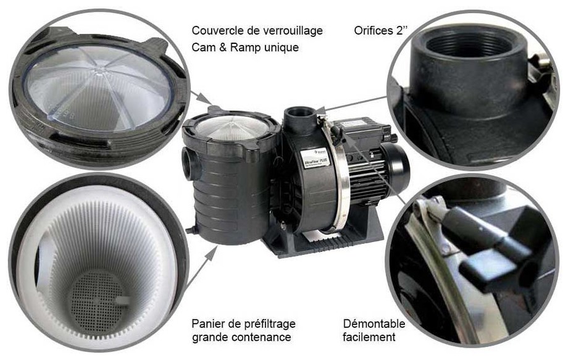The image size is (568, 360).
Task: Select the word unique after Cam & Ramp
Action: tap(283, 47)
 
